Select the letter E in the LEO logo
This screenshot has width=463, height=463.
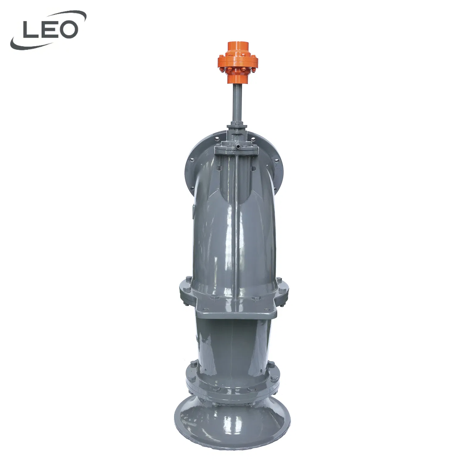click(49, 30)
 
